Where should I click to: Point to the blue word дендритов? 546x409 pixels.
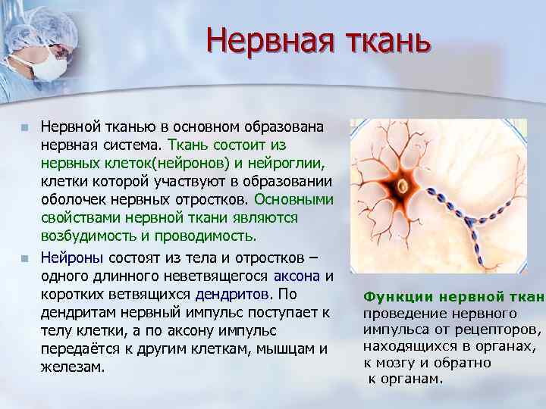pos(231,294)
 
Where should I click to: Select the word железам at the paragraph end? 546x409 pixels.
pos(71,367)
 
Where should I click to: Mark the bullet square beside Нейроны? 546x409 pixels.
pos(25,258)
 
